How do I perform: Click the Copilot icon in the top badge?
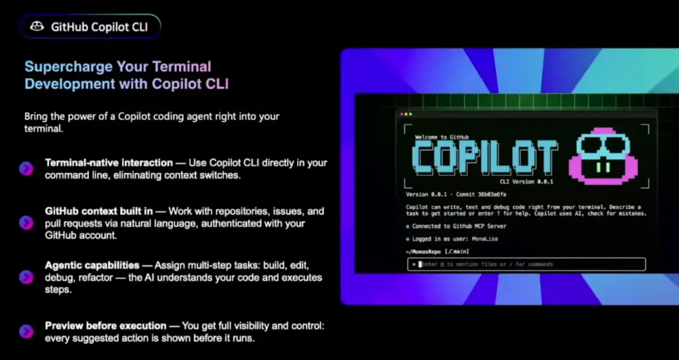(37, 27)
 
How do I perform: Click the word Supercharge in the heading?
(68, 67)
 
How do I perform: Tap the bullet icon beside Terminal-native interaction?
(27, 168)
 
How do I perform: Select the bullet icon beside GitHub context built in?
(27, 223)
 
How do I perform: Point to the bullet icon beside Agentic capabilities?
(27, 277)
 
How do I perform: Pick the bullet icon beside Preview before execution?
(27, 331)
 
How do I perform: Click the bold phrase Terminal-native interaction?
(109, 163)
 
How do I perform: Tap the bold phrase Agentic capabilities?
(92, 265)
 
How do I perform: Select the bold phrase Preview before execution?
(105, 326)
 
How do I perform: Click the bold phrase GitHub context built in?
(99, 211)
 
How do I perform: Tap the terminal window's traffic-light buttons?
(406, 115)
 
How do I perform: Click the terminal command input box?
(526, 265)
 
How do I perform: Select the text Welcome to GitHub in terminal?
(442, 137)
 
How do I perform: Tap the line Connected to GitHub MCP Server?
(459, 226)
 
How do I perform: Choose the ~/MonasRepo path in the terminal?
(423, 252)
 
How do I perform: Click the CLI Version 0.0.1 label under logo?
(526, 182)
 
